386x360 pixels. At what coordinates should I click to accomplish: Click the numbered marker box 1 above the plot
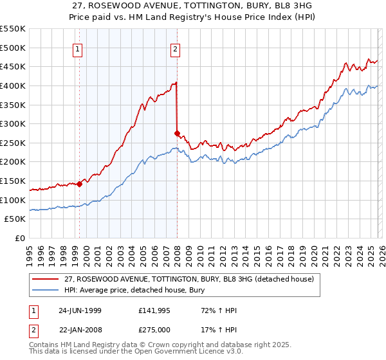point(77,48)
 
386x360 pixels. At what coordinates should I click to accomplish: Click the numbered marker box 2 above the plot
point(175,48)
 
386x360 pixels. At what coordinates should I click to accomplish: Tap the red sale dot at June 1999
point(80,184)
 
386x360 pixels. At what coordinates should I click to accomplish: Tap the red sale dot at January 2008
point(177,133)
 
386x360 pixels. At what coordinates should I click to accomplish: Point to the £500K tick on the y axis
point(14,48)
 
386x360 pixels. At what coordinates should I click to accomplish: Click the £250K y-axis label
point(14,143)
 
